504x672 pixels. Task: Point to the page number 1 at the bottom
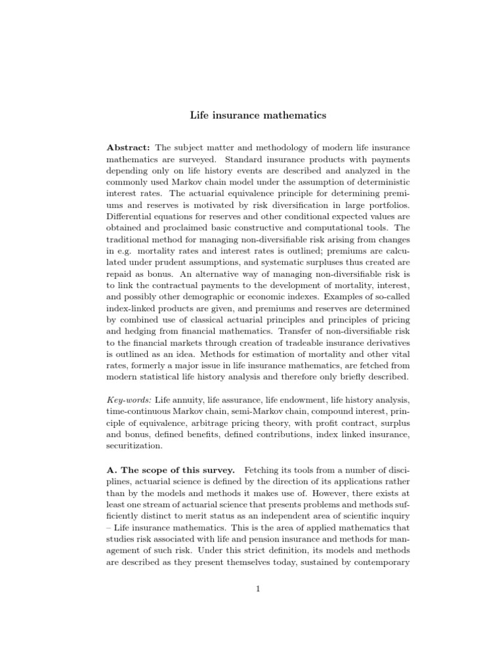[259, 588]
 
